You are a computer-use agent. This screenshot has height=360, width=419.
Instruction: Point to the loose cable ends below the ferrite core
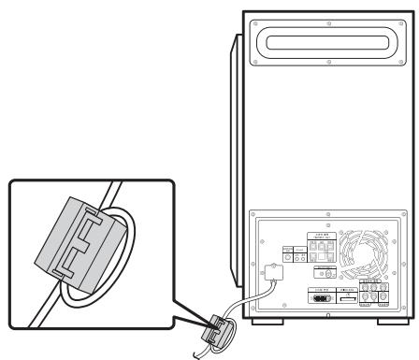tap(199, 351)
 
